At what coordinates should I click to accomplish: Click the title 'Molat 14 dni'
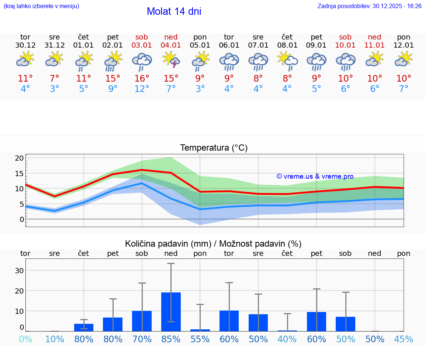[x=174, y=11]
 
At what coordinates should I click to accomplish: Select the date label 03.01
[x=142, y=45]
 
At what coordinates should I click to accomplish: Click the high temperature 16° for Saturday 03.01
[x=142, y=79]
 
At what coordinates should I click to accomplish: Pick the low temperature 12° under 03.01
[x=142, y=89]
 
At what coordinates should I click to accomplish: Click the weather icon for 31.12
[x=55, y=59]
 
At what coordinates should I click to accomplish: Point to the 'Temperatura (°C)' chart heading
[x=214, y=148]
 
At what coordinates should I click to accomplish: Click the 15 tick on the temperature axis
[x=19, y=173]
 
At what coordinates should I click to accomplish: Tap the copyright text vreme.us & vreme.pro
[x=315, y=176]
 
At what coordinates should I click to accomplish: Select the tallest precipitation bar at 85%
[x=171, y=312]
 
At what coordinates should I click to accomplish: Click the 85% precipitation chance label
[x=171, y=339]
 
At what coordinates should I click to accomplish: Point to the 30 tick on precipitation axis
[x=19, y=270]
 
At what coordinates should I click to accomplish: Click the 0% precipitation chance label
[x=25, y=339]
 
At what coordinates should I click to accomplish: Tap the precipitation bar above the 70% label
[x=142, y=321]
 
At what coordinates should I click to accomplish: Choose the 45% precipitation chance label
[x=404, y=339]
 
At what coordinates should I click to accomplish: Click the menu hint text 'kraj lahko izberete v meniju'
[x=41, y=6]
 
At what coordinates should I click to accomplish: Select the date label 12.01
[x=404, y=45]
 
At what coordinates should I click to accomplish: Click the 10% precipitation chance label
[x=55, y=339]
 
